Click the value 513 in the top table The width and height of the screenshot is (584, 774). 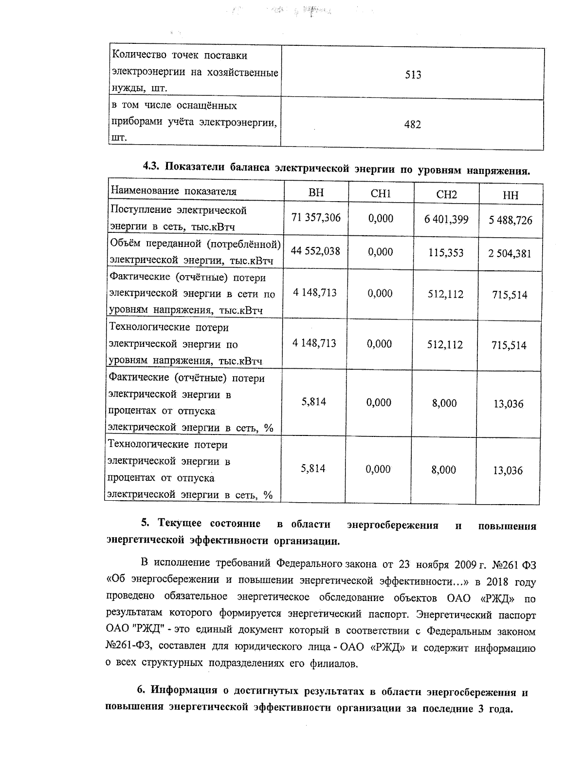[x=413, y=75]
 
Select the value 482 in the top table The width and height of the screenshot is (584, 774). [x=412, y=125]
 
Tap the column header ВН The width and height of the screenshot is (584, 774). [x=316, y=193]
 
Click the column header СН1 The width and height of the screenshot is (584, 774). [x=381, y=194]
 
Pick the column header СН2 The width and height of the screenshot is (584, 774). [x=446, y=195]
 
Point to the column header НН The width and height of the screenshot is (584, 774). [x=510, y=196]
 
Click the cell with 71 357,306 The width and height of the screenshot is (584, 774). [x=316, y=218]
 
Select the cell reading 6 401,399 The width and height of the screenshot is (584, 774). [x=446, y=220]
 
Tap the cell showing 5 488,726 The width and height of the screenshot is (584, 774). [x=510, y=221]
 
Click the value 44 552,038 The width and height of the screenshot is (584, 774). [x=315, y=251]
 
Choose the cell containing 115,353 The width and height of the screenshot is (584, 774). [x=446, y=253]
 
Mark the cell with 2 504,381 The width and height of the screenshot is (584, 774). [x=510, y=254]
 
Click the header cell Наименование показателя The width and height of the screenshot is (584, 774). [x=174, y=191]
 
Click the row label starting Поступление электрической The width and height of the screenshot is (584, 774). [x=178, y=210]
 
